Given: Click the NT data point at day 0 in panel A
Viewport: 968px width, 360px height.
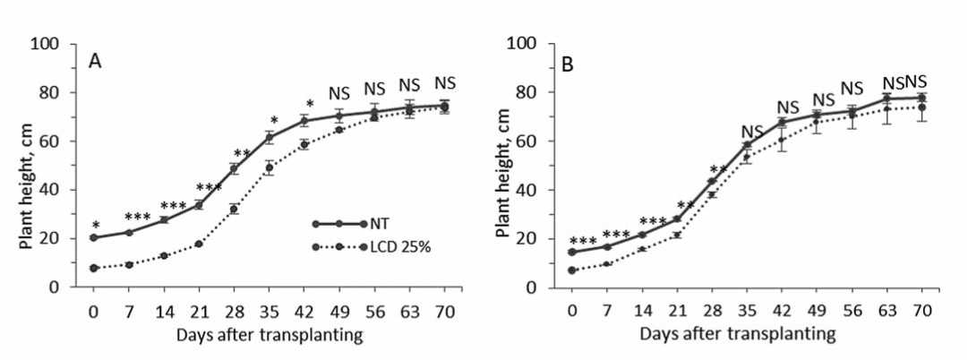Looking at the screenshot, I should (93, 238).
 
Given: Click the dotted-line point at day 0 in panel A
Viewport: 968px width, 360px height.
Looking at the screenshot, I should (93, 268).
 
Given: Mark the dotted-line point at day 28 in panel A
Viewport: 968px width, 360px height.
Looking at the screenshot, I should (234, 209).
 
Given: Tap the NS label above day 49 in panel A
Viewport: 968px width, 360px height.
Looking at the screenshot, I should (339, 93).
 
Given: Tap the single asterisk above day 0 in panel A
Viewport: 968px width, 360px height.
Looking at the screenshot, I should (93, 225).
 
